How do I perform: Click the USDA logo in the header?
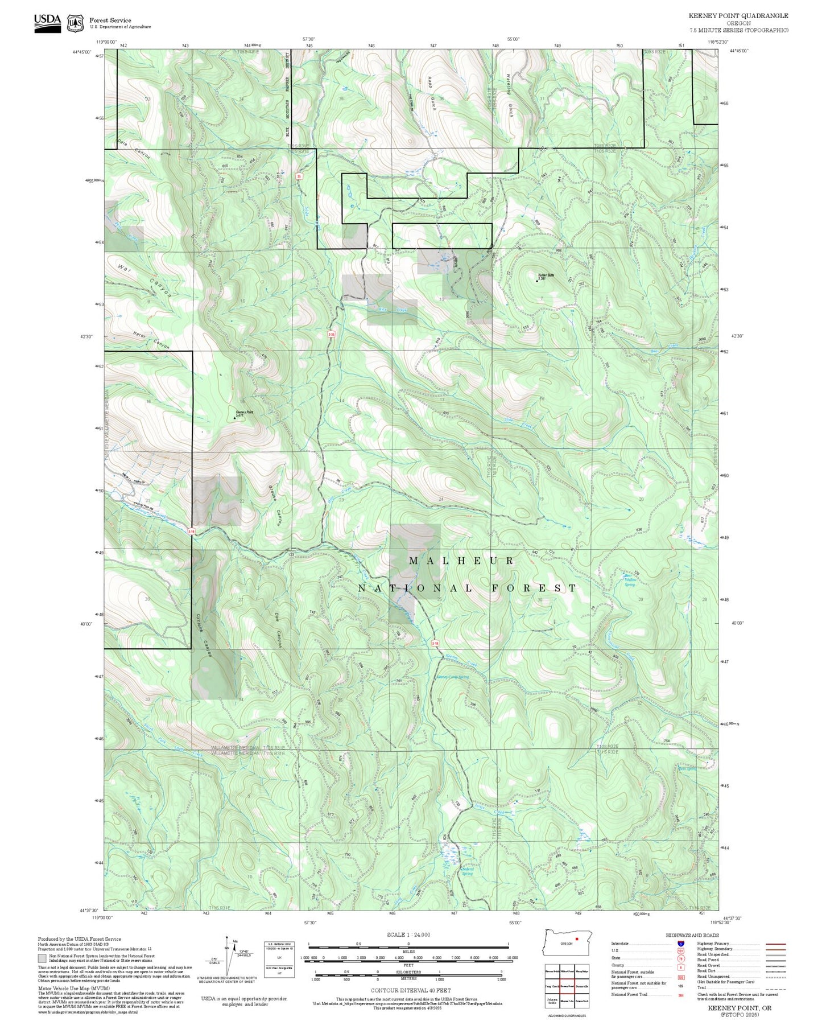click(47, 22)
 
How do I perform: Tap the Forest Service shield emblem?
click(75, 23)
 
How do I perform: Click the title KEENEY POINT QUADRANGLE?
click(738, 16)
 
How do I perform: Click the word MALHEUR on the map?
click(461, 561)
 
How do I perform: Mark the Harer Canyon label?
click(151, 340)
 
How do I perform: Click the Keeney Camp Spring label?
click(452, 677)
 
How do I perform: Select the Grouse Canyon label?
click(275, 504)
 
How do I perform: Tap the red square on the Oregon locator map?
click(576, 939)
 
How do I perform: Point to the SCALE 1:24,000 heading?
click(408, 934)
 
